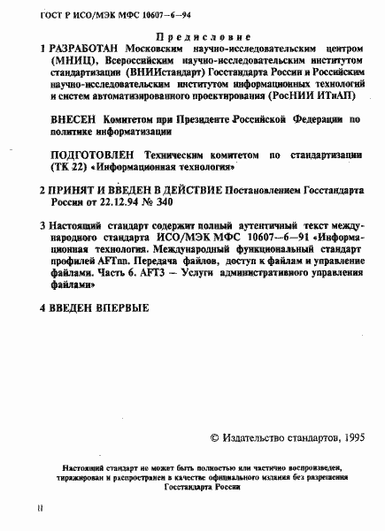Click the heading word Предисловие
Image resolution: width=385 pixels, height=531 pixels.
pos(191,38)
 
